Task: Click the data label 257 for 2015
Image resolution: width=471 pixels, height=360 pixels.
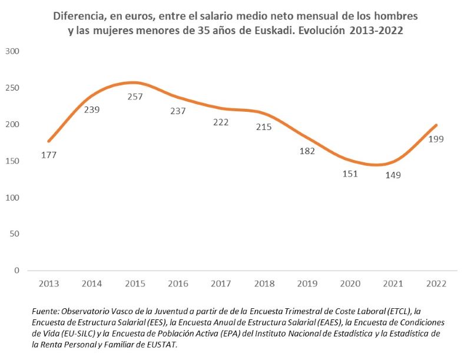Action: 135,96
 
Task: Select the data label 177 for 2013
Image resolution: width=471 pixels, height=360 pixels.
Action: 49,155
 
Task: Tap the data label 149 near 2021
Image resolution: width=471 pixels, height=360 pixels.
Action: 393,175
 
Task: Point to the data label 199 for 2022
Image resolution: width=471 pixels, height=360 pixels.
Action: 436,139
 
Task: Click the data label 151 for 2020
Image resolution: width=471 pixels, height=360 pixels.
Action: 350,174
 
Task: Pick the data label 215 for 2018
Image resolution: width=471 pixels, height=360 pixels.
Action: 264,126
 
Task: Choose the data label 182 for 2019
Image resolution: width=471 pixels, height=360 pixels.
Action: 307,151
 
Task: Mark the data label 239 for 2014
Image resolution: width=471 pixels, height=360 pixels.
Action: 92,109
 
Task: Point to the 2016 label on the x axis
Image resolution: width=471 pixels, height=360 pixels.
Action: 178,284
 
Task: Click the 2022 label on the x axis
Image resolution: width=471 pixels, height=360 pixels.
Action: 436,284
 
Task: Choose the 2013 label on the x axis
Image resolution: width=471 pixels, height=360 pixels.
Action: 49,284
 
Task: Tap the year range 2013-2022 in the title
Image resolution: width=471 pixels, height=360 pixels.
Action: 376,31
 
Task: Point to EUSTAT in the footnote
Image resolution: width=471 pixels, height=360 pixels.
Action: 160,345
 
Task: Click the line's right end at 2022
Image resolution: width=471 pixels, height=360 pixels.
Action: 436,125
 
